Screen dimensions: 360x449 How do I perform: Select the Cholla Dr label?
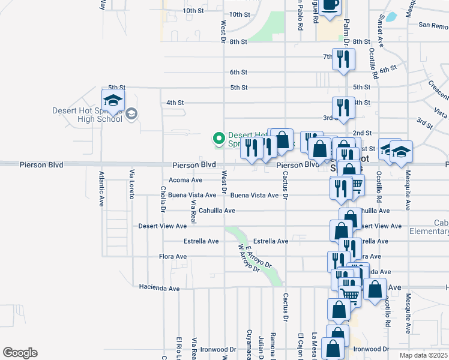(163, 199)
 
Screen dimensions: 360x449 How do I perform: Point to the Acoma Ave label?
(185, 180)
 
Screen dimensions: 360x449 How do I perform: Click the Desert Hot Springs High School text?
(92, 115)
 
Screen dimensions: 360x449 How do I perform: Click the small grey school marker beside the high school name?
(133, 114)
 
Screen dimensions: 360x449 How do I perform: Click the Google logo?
(20, 353)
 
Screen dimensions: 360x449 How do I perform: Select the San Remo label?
(433, 26)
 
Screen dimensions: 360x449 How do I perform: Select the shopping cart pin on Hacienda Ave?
(349, 294)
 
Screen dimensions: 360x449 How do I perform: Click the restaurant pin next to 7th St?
(343, 59)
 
